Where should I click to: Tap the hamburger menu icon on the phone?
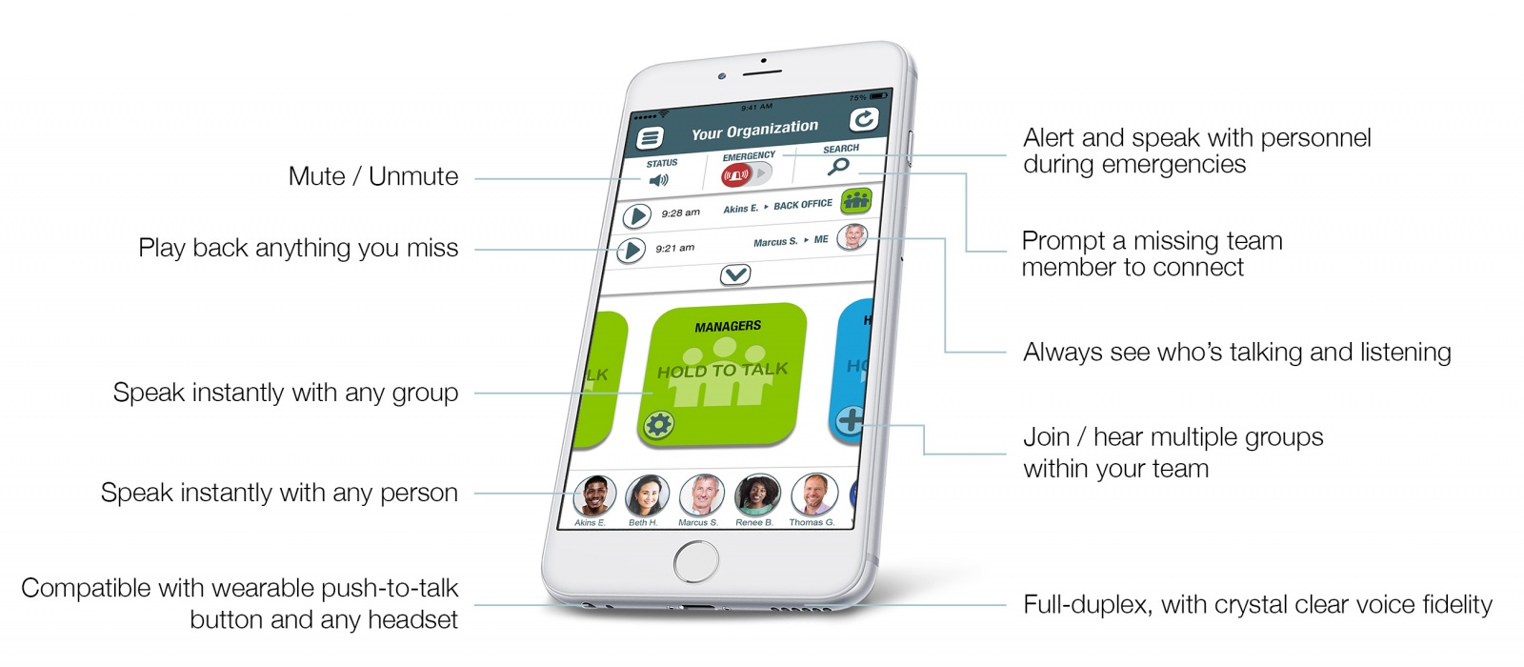coord(650,138)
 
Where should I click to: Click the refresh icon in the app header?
coord(863,119)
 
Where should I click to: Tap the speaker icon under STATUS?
coord(658,180)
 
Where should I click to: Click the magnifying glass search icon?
coord(838,167)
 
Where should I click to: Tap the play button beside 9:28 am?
coord(636,216)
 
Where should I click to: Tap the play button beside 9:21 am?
coord(631,251)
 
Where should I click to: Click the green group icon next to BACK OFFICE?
coord(856,200)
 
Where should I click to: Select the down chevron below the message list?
coord(735,275)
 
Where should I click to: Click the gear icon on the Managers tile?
coord(658,425)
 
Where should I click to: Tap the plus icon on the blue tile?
coord(849,419)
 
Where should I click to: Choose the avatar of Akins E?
coord(593,495)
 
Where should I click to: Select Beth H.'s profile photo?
coord(647,495)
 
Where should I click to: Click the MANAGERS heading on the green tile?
coord(728,327)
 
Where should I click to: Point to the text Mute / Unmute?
coord(373,176)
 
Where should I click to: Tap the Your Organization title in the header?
coord(754,130)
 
